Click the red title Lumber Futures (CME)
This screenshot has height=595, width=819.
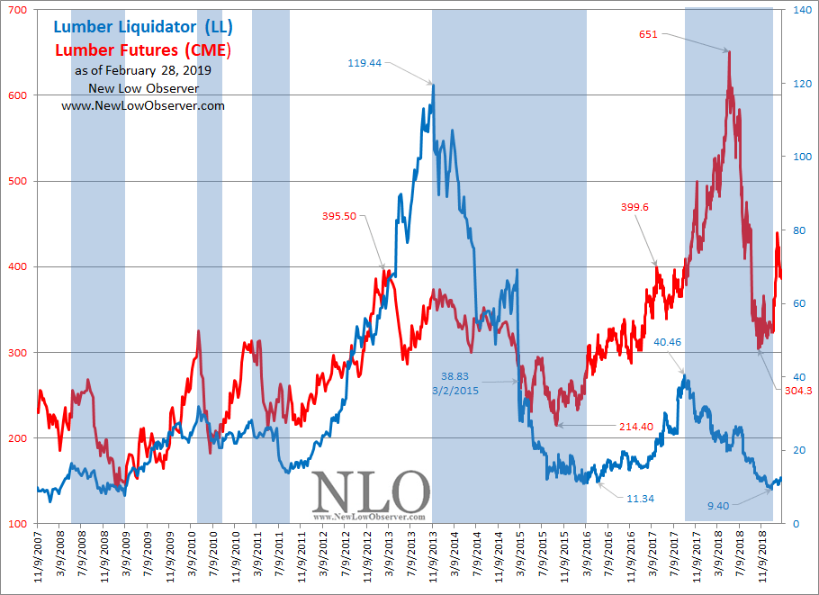pyautogui.click(x=143, y=50)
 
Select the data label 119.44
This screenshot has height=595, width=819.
pyautogui.click(x=365, y=63)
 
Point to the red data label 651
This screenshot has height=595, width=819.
pyautogui.click(x=648, y=34)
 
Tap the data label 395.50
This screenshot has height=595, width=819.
pyautogui.click(x=339, y=216)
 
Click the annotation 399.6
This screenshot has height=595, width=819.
pyautogui.click(x=635, y=207)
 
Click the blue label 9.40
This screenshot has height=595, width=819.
pyautogui.click(x=718, y=506)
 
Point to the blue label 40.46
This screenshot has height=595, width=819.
pyautogui.click(x=668, y=342)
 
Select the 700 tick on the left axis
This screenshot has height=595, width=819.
pyautogui.click(x=17, y=10)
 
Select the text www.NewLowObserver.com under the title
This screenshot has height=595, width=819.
pyautogui.click(x=143, y=105)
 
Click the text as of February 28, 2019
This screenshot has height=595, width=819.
pyautogui.click(x=143, y=69)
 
